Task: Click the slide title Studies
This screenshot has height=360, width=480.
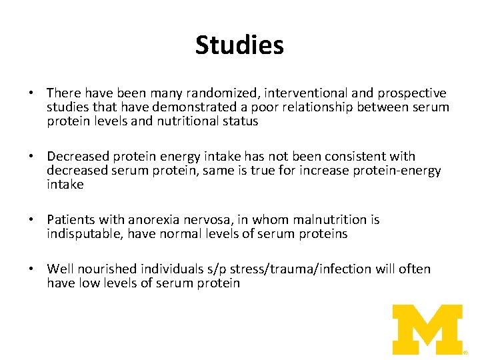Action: point(239,45)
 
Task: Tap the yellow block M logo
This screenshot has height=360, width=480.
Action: point(427,329)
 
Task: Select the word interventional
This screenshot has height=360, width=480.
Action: point(285,93)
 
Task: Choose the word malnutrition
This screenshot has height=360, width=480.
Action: point(325,220)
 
